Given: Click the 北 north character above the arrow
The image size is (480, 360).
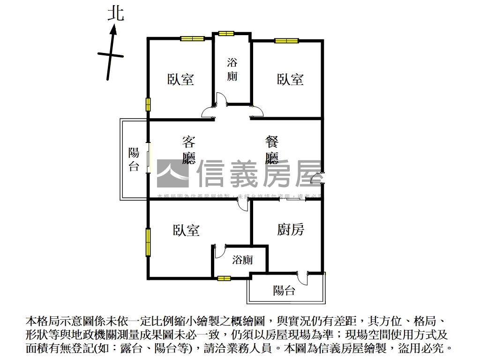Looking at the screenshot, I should (x=116, y=13).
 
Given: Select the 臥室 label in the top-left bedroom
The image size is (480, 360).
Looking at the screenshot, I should (x=180, y=79).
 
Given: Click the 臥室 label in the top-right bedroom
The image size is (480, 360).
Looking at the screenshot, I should (x=290, y=79).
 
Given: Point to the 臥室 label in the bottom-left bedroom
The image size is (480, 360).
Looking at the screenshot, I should (x=186, y=230).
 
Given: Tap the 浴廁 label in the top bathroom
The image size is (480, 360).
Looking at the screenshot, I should (x=232, y=69).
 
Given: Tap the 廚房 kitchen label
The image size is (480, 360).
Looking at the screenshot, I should (x=291, y=230).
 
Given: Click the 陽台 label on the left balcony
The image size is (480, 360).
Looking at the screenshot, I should (x=134, y=159).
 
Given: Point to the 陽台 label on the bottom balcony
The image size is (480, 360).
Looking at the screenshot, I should (x=284, y=291).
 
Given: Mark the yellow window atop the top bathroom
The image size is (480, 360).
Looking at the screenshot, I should (x=226, y=33).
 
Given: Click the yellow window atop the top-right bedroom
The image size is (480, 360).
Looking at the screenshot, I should (x=287, y=41).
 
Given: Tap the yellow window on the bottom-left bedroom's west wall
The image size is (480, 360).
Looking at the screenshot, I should (x=148, y=242).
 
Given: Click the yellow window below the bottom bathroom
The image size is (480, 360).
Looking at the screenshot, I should (x=224, y=278).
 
